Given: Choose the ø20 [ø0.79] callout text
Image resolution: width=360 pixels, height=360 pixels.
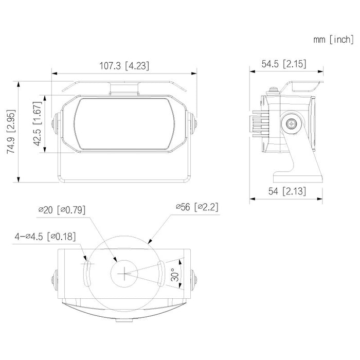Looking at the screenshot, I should pos(62,209).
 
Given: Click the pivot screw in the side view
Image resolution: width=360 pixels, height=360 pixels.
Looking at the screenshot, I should pos(292,124).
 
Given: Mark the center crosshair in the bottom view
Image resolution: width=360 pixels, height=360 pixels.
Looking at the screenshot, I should pos(124,273).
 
